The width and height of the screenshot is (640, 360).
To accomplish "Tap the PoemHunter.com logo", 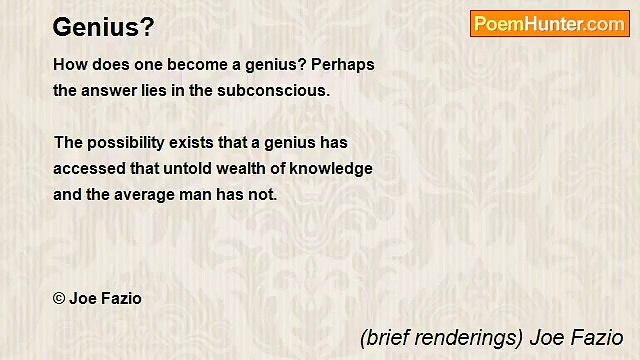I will pos(549,24).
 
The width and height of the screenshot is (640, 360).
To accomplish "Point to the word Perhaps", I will pos(342,64).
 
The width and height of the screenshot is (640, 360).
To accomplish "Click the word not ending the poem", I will pos(263,195).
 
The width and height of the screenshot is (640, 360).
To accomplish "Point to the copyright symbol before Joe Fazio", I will pos(59,298).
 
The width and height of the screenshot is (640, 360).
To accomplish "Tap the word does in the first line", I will pos(113,64).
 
